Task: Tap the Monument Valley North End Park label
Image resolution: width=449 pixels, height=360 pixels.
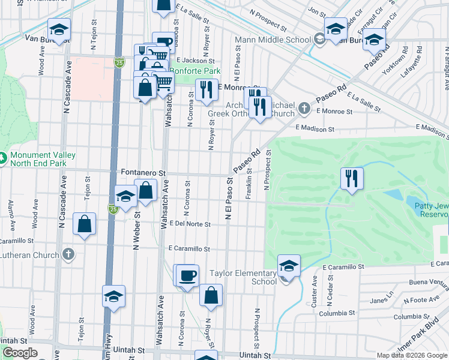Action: coord(42,158)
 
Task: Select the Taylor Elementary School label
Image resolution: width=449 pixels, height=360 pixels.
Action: coord(243,277)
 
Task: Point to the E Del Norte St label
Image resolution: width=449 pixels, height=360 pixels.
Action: coord(190,224)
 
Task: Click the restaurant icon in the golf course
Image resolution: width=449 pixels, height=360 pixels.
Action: coord(351,178)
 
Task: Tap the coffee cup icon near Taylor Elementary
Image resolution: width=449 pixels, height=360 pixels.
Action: coord(188,275)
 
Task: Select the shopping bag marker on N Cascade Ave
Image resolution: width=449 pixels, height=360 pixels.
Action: coord(85,224)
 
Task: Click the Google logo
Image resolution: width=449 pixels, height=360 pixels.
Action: coord(20,353)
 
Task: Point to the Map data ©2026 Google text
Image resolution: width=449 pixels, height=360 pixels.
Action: coord(412,355)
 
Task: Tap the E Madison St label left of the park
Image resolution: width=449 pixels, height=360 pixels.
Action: coord(315,129)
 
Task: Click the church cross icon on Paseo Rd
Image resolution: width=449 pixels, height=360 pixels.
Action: coord(304,108)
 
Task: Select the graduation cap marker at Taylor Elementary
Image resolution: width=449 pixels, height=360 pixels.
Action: coord(289,266)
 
